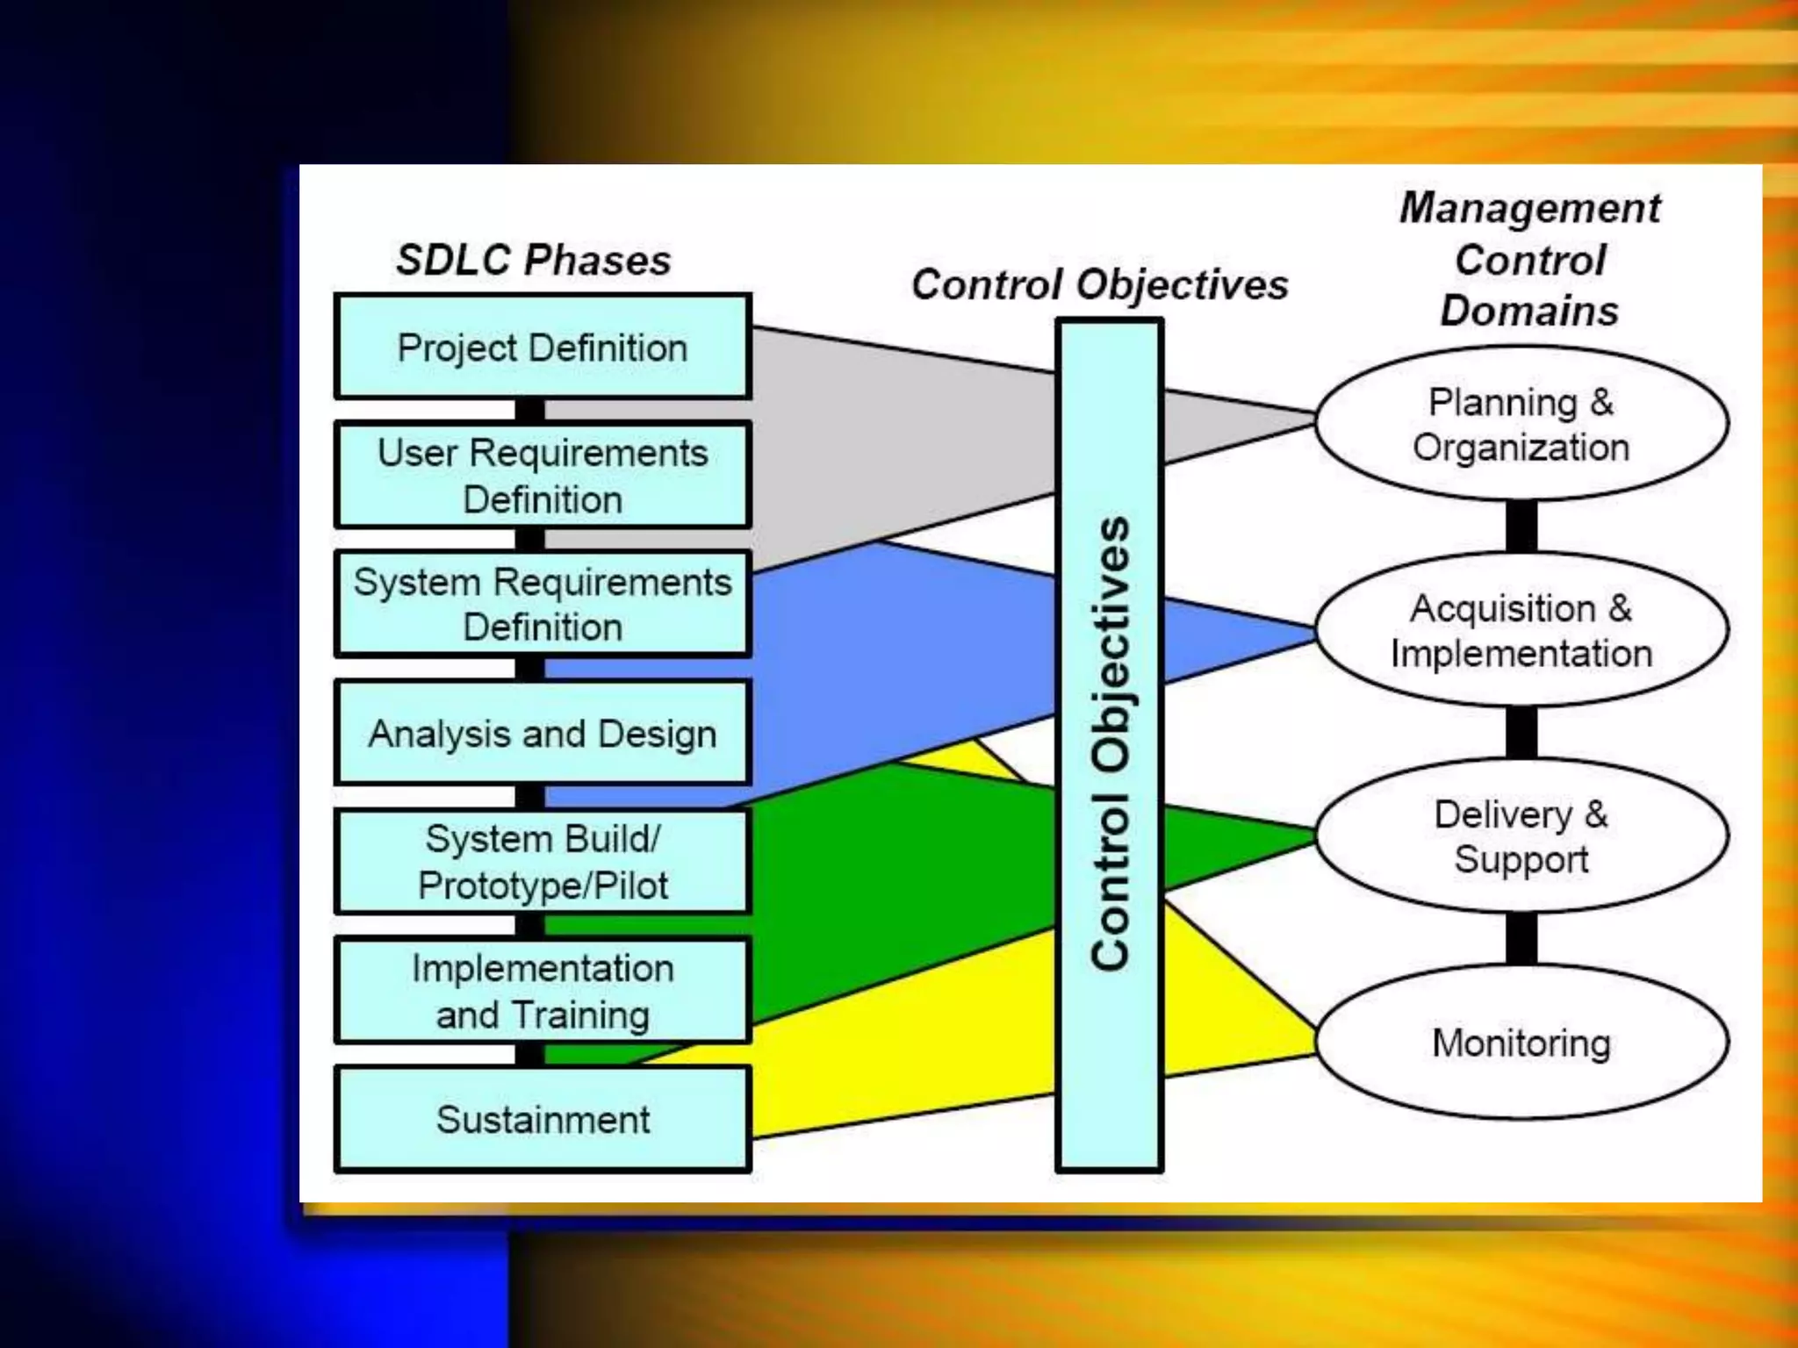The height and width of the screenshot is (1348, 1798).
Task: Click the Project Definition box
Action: (x=543, y=348)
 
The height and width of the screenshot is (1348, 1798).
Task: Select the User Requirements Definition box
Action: (x=543, y=476)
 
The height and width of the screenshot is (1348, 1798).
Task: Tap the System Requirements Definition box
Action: (x=543, y=604)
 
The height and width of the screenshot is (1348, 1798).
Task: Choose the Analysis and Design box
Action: (x=543, y=734)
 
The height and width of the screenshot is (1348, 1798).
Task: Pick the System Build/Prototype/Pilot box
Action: (x=543, y=862)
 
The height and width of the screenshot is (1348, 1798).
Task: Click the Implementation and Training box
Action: (x=543, y=991)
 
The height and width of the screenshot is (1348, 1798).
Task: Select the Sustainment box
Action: (x=543, y=1119)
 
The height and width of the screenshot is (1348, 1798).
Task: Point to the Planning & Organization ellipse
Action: (x=1521, y=424)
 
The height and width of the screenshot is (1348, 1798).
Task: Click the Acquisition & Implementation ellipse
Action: (x=1521, y=630)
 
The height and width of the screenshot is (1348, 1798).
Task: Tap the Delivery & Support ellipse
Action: (x=1521, y=836)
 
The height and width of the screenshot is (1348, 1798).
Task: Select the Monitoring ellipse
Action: (x=1521, y=1043)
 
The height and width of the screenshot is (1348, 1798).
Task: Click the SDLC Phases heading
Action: (x=533, y=260)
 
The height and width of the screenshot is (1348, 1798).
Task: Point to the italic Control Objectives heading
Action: (x=1099, y=284)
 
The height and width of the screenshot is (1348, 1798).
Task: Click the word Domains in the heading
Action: (x=1529, y=311)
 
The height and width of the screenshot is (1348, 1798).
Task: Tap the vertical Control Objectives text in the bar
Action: (x=1110, y=744)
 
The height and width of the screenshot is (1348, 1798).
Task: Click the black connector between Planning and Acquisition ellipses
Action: (x=1521, y=527)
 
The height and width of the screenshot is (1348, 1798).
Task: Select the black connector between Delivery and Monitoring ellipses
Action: (x=1521, y=939)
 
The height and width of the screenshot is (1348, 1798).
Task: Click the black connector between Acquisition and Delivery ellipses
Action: (x=1521, y=733)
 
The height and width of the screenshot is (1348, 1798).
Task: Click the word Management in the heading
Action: (x=1529, y=208)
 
